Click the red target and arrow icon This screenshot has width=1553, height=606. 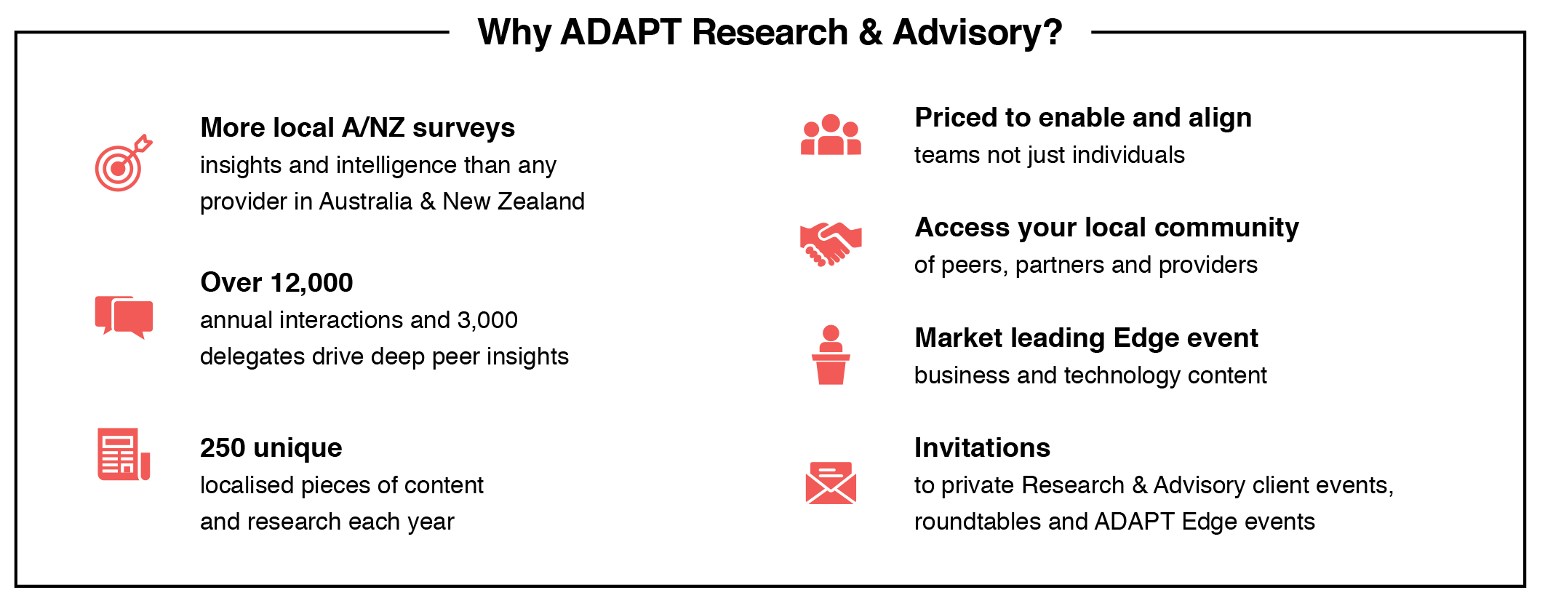click(x=123, y=164)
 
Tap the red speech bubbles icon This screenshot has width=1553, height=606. click(x=124, y=317)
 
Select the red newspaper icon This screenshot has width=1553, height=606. click(x=124, y=454)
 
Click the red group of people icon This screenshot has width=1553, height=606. click(x=831, y=135)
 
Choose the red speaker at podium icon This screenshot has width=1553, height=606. click(x=831, y=354)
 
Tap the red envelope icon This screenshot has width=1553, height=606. click(x=831, y=482)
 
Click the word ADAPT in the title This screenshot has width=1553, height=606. click(x=620, y=32)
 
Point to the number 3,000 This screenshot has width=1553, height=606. click(x=487, y=320)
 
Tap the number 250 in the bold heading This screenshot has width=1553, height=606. click(x=223, y=447)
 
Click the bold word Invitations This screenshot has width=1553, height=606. click(x=982, y=447)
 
